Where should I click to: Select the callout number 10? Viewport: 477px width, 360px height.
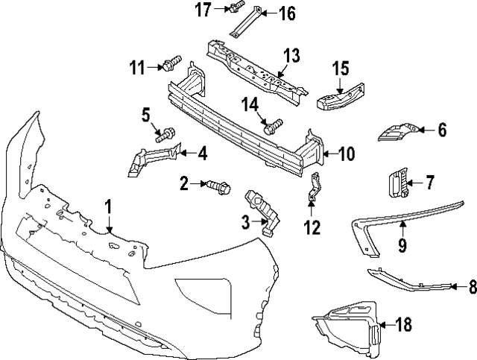coord(348,154)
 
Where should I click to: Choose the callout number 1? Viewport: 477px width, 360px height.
coord(109,206)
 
